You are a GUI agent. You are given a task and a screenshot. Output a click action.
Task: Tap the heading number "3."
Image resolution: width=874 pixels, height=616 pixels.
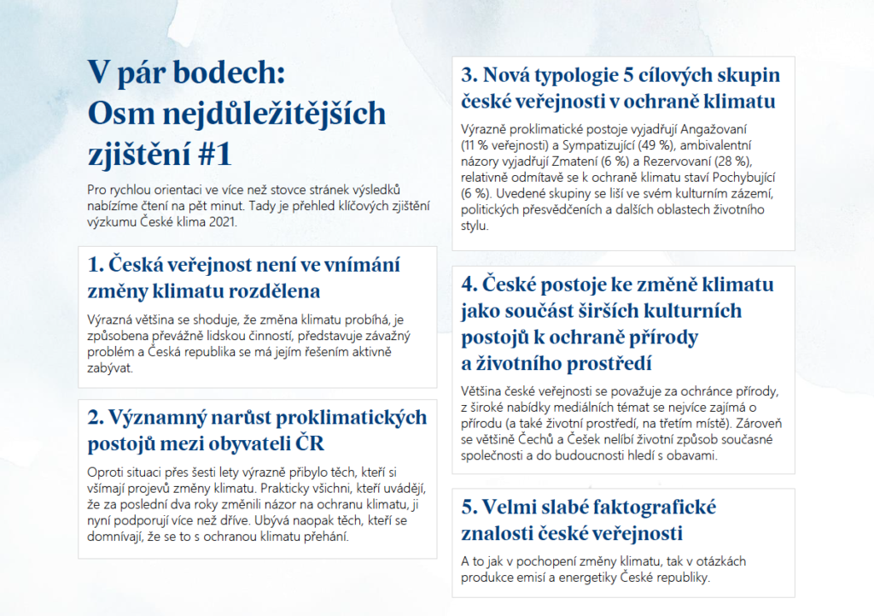point(470,75)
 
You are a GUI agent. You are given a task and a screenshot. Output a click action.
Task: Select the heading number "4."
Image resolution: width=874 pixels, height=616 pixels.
point(470,283)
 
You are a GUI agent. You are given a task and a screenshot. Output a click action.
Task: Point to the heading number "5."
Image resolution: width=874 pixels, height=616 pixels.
point(470,507)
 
